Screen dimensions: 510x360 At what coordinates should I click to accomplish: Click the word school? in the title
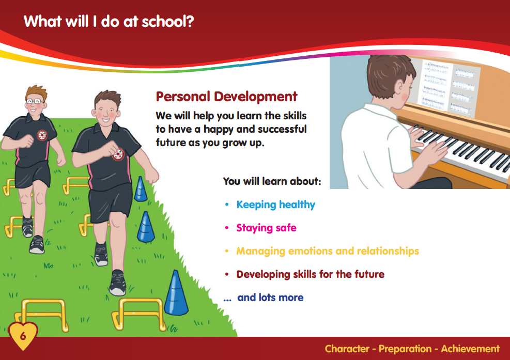(x=168, y=22)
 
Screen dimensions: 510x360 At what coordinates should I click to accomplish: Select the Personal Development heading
(x=226, y=97)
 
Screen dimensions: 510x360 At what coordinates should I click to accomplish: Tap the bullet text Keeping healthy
(x=276, y=205)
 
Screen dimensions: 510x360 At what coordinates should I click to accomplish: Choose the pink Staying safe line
(x=267, y=228)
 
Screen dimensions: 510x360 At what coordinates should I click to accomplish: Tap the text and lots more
(x=270, y=298)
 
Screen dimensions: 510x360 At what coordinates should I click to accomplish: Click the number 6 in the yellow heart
(x=23, y=336)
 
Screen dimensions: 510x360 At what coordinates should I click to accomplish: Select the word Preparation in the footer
(x=405, y=349)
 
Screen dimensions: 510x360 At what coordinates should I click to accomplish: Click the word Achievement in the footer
(x=470, y=349)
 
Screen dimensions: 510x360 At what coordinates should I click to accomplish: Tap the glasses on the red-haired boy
(x=34, y=101)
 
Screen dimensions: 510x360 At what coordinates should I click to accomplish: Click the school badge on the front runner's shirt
(x=118, y=154)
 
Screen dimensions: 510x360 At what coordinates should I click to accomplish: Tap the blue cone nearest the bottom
(x=176, y=292)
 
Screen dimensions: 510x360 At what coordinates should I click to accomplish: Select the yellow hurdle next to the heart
(x=42, y=314)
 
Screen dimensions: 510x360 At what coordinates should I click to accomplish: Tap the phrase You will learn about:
(x=272, y=181)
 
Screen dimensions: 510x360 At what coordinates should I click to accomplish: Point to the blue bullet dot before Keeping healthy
(x=227, y=205)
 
